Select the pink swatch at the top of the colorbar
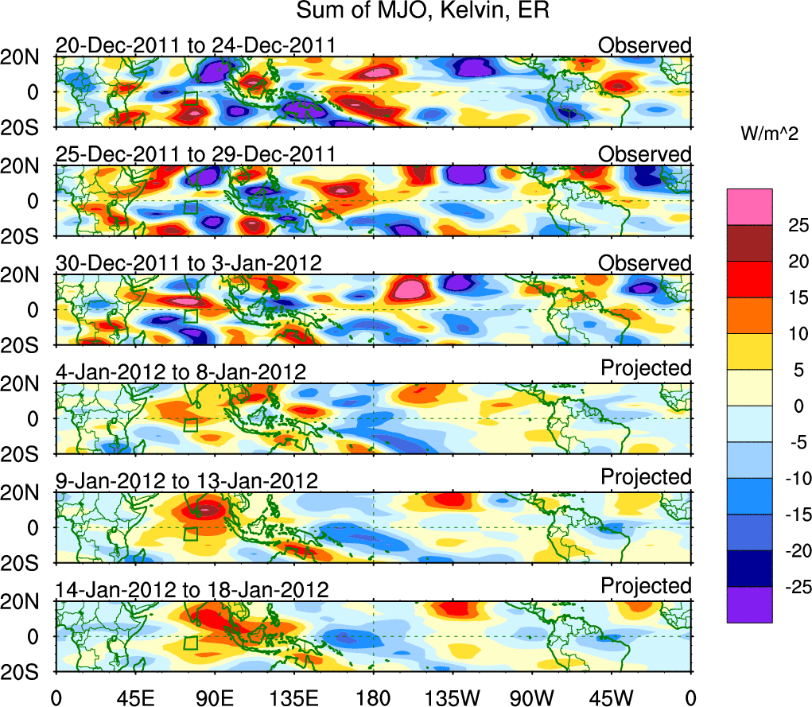coord(749,207)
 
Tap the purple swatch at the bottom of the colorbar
coord(749,604)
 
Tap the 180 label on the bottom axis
coord(373,697)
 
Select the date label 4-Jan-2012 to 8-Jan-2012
coord(181,371)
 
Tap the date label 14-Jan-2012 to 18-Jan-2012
coord(192,589)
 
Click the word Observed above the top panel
coord(645,45)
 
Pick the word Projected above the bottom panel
coord(646,586)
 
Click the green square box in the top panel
coord(191,98)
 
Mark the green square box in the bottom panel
coord(191,643)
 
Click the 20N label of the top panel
coord(25,57)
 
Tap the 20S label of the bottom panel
coord(25,672)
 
